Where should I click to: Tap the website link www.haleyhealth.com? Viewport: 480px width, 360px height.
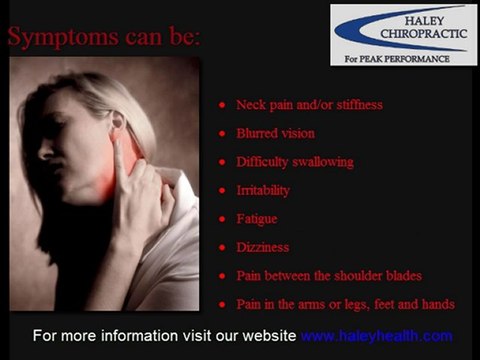(376, 335)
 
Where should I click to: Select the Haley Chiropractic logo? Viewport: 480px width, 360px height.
(403, 34)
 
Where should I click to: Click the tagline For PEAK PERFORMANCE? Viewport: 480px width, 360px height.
(403, 58)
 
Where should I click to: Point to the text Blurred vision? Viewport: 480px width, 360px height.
(275, 133)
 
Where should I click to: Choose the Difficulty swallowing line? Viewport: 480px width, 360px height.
(294, 161)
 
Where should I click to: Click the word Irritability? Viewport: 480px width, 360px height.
(263, 189)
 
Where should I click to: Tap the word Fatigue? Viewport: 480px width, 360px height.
(257, 218)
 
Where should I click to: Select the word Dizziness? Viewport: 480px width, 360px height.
(262, 246)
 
